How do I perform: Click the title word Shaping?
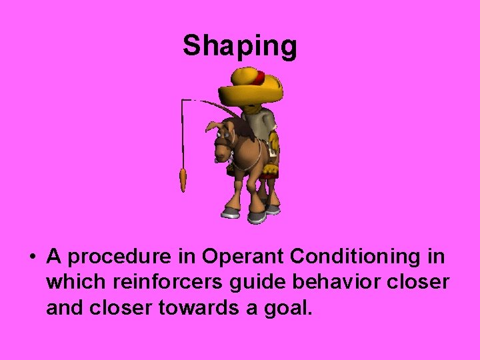point(240,46)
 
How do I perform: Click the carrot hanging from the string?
point(183,180)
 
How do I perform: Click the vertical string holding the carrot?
point(183,133)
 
